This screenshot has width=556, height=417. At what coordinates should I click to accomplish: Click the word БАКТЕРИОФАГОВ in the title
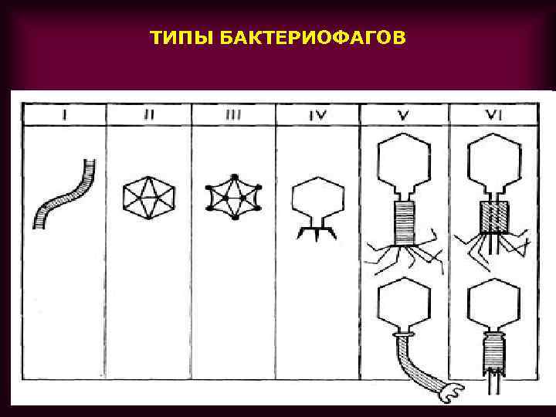(311, 38)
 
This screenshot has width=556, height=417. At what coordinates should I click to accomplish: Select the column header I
(66, 115)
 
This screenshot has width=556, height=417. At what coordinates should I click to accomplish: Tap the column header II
(149, 115)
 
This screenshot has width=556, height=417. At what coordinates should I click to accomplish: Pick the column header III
(233, 115)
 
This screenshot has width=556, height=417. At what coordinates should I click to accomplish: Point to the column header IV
(317, 115)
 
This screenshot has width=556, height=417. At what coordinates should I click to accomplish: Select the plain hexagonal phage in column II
(149, 197)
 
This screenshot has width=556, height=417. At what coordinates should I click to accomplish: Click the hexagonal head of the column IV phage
(317, 198)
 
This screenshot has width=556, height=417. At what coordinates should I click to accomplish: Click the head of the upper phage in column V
(405, 164)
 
